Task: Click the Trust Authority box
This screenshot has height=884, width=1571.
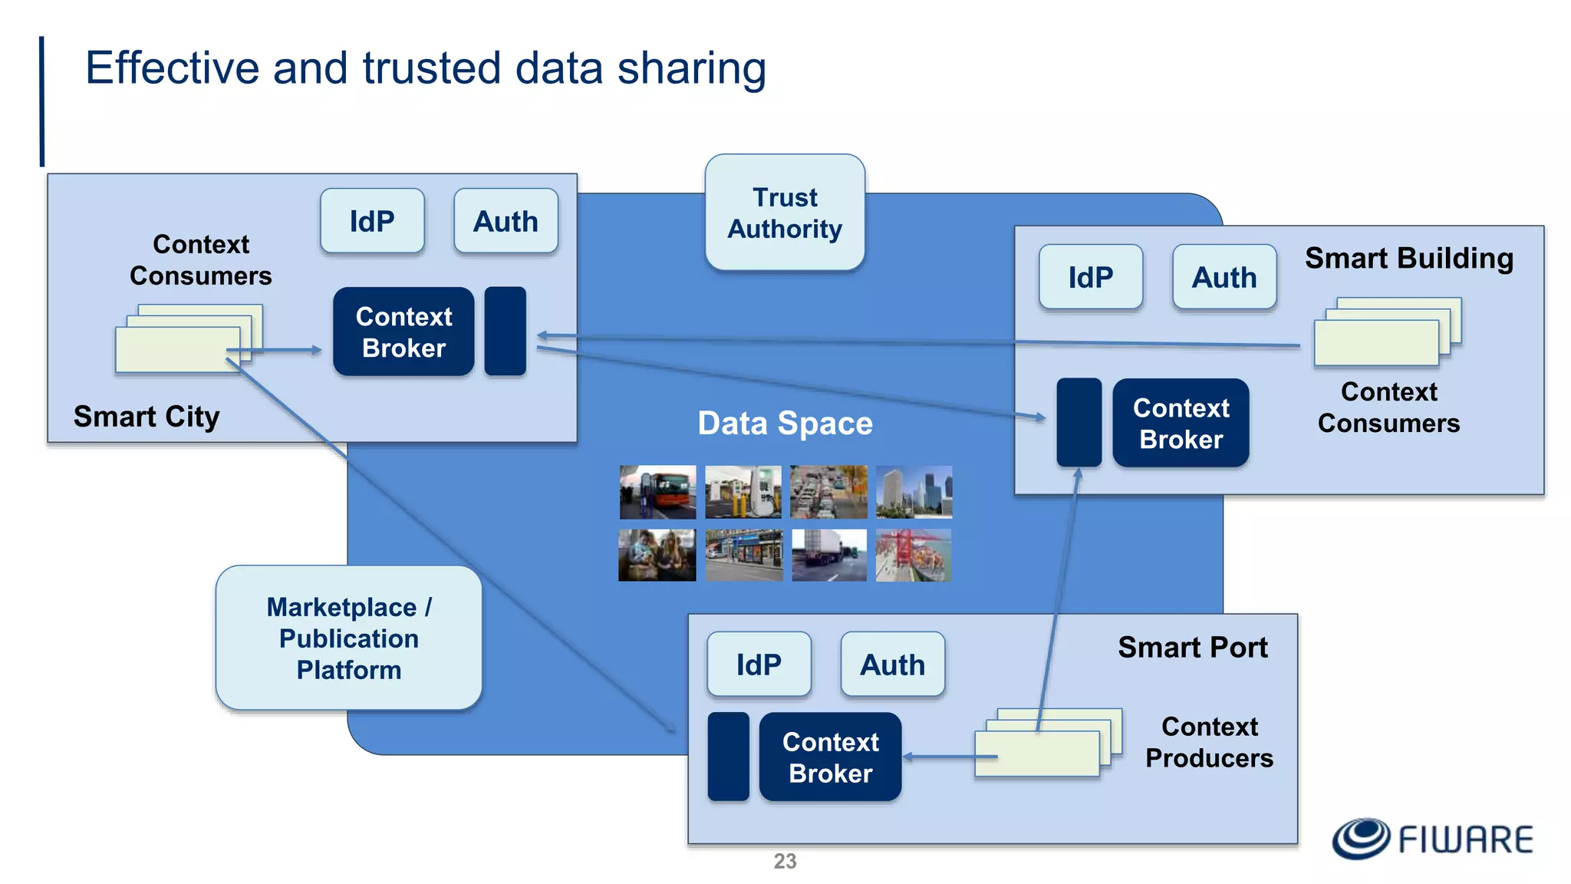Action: tap(785, 213)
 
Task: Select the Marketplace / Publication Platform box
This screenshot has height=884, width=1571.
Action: tap(349, 638)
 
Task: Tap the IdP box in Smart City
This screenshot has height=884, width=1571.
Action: tap(372, 221)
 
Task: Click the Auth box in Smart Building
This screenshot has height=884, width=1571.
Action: tap(1224, 277)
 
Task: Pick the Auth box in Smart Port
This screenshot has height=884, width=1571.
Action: tap(892, 665)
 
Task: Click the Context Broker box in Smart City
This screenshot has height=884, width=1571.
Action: tap(403, 331)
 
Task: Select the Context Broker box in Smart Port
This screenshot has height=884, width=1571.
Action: tap(830, 757)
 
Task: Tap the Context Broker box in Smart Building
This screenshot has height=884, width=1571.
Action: tap(1181, 423)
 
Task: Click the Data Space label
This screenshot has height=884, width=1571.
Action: tap(785, 423)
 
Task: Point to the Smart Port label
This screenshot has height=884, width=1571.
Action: tap(1192, 647)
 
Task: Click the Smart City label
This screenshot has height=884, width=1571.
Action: tap(147, 416)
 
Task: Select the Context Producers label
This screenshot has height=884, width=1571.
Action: tap(1209, 741)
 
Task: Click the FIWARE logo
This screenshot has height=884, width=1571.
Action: tap(1432, 838)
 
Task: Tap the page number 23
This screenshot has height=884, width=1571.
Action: tap(785, 861)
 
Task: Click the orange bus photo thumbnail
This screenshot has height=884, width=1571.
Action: tap(657, 492)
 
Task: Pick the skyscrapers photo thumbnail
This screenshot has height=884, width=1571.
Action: tap(914, 492)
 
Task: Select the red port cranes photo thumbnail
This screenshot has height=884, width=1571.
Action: tap(914, 555)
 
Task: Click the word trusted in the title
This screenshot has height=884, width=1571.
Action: tap(430, 68)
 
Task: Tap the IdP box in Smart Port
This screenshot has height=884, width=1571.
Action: tap(759, 665)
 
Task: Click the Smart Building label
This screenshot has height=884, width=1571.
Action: tap(1409, 258)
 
